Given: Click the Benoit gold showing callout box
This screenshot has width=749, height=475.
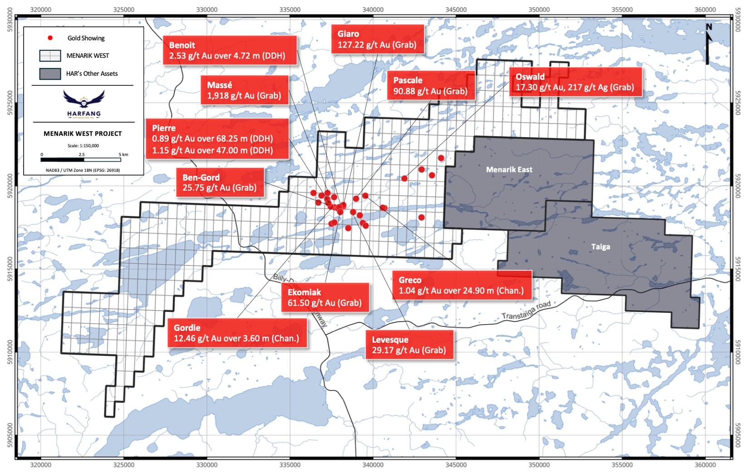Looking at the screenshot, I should point(229,50).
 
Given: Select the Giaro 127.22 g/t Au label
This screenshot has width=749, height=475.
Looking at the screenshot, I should point(377,39).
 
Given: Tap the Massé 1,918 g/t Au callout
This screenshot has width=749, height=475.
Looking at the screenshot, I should point(244,90).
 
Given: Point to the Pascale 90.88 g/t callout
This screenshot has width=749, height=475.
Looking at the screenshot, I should point(430,85).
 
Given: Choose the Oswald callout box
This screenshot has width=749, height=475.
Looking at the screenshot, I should point(575,82).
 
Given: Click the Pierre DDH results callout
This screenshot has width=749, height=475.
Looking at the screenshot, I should point(217,139).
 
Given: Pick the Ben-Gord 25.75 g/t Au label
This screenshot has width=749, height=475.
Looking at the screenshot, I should point(220,183).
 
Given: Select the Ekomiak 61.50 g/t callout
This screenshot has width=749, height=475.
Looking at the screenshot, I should point(325,297).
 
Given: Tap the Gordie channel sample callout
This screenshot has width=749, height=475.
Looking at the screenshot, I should point(237,333).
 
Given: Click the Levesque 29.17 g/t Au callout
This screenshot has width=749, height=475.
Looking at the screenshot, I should point(409,345).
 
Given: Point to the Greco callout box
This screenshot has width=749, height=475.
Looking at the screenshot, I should point(461,285).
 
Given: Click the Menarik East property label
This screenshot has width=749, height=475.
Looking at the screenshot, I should point(509,169).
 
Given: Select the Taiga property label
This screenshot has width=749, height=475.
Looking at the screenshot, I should point(600,247).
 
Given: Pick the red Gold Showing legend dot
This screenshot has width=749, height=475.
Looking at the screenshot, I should point(50,38).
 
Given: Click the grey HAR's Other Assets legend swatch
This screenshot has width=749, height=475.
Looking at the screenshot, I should point(50,74).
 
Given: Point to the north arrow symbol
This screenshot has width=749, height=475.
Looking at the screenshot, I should point(708,44).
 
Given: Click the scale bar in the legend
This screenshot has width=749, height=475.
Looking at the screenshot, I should point(81,159).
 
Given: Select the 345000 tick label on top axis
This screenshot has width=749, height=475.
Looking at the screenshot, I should point(456,10).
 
